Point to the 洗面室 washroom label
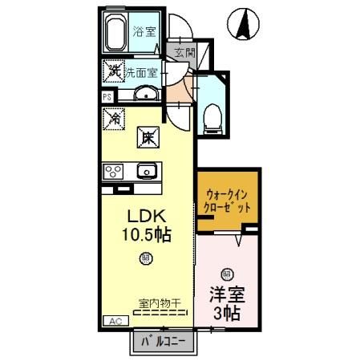(142, 71)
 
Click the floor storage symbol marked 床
(149, 137)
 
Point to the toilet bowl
(212, 116)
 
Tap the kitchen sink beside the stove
(147, 170)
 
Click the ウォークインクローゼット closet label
(228, 200)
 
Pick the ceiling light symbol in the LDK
(145, 258)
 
